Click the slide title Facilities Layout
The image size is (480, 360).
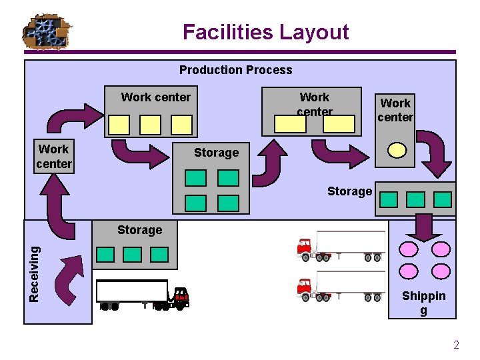coord(265,32)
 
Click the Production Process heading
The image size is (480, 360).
coord(235,70)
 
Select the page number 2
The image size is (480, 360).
coord(456,345)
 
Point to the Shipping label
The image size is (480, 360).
coord(423,303)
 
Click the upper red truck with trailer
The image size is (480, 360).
coord(341,245)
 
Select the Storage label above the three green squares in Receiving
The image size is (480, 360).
coord(139,230)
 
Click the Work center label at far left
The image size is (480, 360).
coord(54,156)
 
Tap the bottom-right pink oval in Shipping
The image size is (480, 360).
coord(441,271)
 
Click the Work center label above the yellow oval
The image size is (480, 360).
coord(395,110)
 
